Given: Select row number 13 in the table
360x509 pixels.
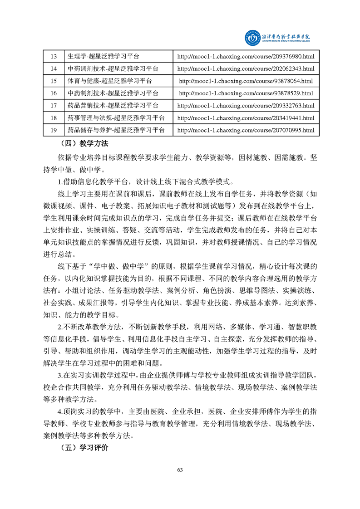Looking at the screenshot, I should (54, 57).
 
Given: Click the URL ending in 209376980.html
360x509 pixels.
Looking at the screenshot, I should (246, 57).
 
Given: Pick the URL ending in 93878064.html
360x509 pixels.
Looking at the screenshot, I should (246, 81).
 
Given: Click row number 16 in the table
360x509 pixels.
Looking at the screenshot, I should (54, 93).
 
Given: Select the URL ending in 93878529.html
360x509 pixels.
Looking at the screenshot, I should (246, 93).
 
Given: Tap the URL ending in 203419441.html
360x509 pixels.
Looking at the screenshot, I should (246, 118).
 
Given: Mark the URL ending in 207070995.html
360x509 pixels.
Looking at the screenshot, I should (246, 130).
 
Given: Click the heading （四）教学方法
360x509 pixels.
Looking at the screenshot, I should (84, 144).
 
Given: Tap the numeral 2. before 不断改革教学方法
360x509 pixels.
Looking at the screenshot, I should (60, 327).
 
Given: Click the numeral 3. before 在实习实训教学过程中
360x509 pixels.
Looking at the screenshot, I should (60, 375).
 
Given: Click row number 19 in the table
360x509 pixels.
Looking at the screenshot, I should (54, 130).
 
